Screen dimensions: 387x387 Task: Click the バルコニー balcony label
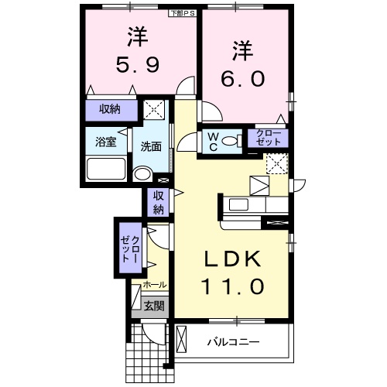(233, 341)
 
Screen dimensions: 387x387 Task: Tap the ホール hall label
(155, 286)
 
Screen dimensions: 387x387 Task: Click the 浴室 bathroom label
(105, 142)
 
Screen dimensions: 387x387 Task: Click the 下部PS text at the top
(183, 13)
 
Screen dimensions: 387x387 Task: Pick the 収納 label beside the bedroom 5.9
(110, 109)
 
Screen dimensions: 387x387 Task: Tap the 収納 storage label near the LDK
(158, 203)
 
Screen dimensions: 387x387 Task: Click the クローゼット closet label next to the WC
(270, 139)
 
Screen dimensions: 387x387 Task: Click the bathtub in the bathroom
(106, 169)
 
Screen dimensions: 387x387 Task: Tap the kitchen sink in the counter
(238, 204)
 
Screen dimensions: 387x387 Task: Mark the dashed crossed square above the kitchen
(276, 163)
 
